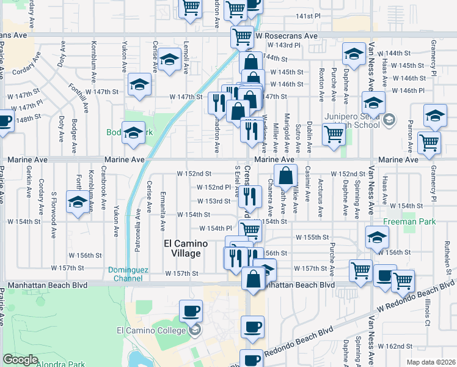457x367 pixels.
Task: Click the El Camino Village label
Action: coord(186,248)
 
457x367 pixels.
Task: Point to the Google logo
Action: coord(20,360)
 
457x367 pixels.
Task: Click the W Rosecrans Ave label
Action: coord(287,36)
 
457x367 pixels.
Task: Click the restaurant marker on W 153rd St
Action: coord(249,197)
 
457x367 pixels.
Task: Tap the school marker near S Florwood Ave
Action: coord(78,204)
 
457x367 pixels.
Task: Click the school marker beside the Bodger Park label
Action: coord(133,133)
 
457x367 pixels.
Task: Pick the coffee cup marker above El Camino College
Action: coord(191,310)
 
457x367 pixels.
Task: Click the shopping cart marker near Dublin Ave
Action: coord(334,134)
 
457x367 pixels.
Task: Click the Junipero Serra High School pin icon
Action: coord(388,119)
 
